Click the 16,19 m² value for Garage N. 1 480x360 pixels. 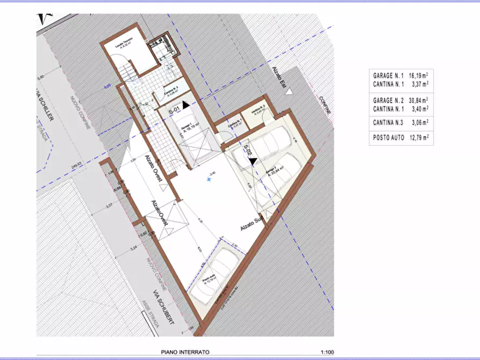pos(419,76)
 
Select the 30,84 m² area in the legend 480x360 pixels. pos(419,100)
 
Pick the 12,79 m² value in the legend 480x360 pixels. pos(419,138)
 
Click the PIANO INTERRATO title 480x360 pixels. pos(185,352)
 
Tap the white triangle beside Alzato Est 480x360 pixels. pos(289,92)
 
